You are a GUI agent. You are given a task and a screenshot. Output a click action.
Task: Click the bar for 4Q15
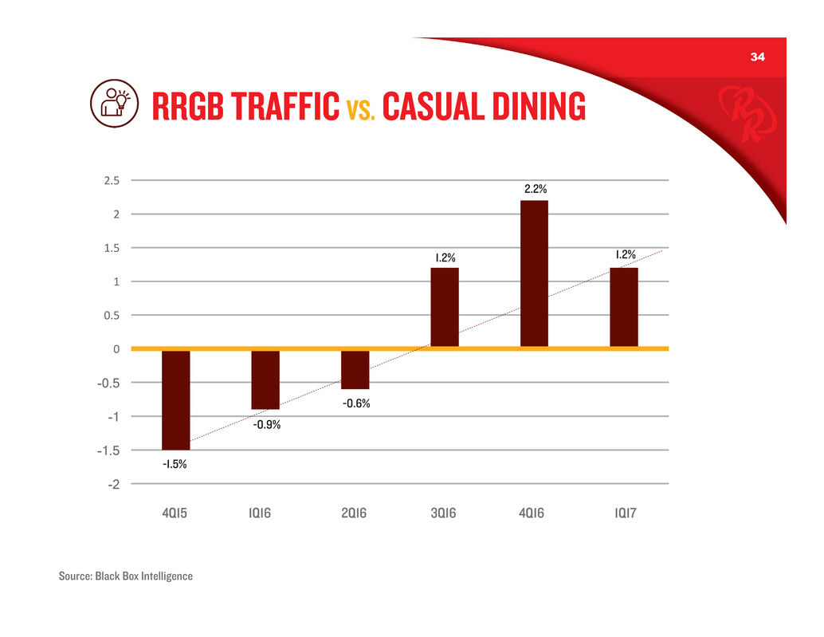point(175,399)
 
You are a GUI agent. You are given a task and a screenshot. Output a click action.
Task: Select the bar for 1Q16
point(265,379)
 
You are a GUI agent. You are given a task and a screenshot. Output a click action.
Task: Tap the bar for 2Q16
point(355,369)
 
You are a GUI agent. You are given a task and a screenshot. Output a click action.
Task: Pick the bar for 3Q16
point(445,307)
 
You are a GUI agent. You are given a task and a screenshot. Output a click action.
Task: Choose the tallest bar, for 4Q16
point(534,273)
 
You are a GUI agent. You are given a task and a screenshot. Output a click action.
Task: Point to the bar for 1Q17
point(624,307)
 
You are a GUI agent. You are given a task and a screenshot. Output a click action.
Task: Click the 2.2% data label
point(535,190)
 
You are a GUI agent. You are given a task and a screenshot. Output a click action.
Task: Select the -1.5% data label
point(175,464)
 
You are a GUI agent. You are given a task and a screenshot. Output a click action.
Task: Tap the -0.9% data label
point(265,424)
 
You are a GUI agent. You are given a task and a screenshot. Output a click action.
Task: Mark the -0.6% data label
point(355,403)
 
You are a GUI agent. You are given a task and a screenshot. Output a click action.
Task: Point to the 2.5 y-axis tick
point(112,180)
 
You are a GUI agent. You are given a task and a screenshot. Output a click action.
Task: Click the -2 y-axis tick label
point(114,484)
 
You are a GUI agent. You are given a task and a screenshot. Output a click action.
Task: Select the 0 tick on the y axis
point(116,349)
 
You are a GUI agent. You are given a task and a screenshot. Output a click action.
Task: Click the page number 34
point(756,57)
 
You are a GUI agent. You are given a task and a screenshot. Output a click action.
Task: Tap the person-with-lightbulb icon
point(111,104)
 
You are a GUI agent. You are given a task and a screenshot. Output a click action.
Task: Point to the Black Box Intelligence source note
point(126,576)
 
